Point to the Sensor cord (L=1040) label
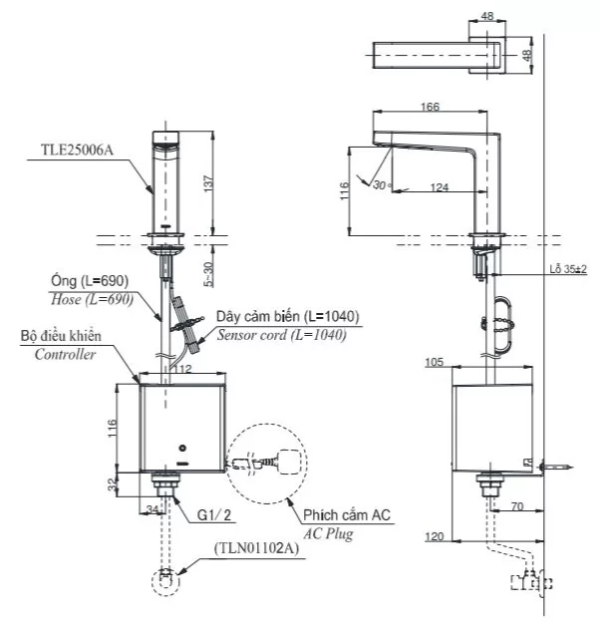point(282,335)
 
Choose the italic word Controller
point(66,354)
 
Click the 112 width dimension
point(182,370)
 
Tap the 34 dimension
point(150,511)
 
